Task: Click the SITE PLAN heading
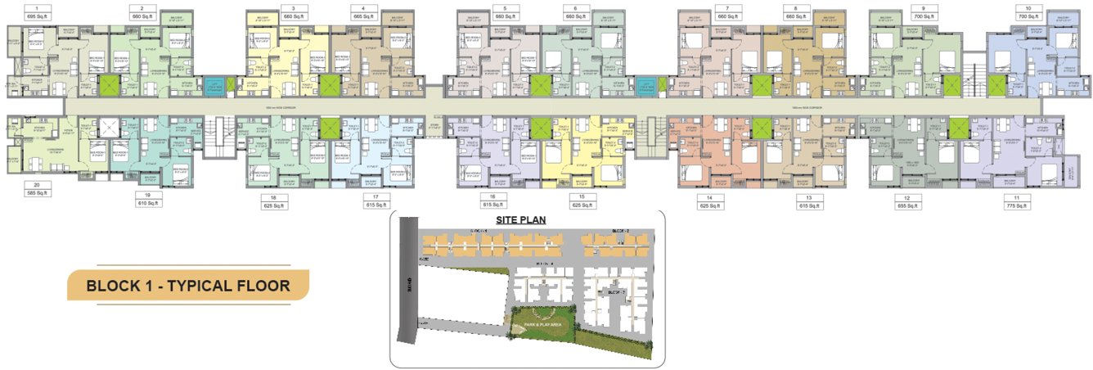(521, 219)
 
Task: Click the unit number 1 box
(36, 7)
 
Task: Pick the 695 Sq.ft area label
(36, 16)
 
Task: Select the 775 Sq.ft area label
(1018, 206)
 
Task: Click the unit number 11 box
(1018, 197)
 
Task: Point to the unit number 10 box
(1028, 7)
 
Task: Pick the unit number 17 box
(376, 197)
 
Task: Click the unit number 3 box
(294, 7)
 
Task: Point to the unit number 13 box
(807, 197)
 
